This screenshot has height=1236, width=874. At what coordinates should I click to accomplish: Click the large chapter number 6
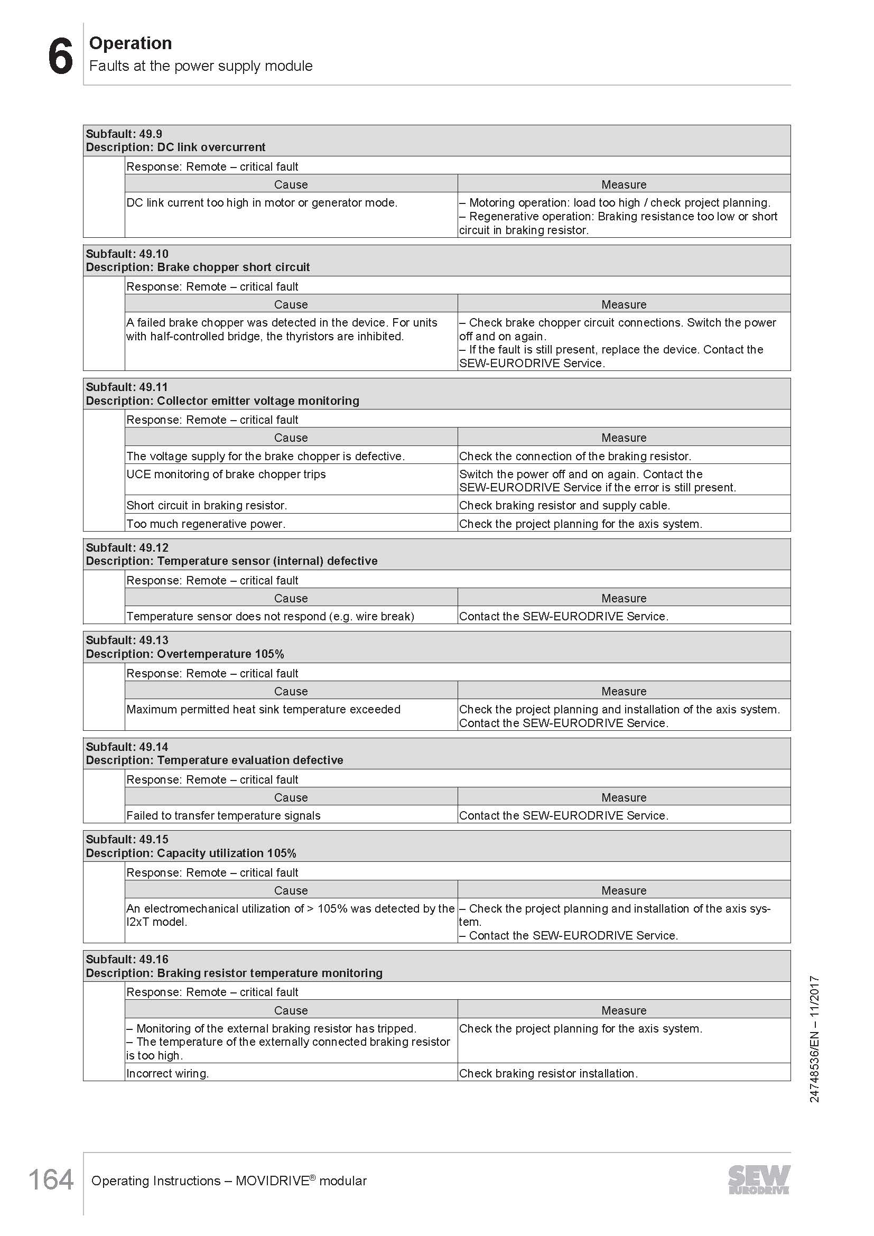tap(60, 57)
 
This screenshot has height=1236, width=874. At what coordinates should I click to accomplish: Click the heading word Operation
tap(130, 43)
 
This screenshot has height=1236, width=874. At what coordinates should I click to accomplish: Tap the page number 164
tap(51, 1180)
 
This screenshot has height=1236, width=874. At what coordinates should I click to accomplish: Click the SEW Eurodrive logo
tap(759, 1179)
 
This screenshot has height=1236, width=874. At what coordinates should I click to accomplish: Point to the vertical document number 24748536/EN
tap(814, 1039)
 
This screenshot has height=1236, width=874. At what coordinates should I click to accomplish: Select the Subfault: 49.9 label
tap(124, 134)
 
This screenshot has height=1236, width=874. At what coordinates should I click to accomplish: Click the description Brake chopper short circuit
tap(233, 267)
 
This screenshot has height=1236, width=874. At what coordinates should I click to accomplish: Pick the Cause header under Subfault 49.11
tap(291, 438)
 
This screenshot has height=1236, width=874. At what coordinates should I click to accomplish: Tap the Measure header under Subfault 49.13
tap(624, 691)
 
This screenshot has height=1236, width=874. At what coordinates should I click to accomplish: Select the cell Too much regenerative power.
tap(206, 524)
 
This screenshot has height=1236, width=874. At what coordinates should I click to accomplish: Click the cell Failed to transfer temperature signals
tap(224, 815)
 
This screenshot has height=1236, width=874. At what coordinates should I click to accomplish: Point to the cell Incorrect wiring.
tap(168, 1073)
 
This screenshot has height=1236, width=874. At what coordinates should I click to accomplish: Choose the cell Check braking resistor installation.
tap(548, 1073)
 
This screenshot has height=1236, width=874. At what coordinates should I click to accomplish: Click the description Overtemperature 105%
tap(220, 654)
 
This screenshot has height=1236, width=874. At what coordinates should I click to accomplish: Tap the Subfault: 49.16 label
tap(127, 959)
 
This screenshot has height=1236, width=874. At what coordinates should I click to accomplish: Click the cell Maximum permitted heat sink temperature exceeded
tap(263, 710)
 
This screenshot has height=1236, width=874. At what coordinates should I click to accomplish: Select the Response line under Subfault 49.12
tap(212, 580)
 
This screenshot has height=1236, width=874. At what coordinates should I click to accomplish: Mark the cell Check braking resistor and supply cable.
tap(564, 506)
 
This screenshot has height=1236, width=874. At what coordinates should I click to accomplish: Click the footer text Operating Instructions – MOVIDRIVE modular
tap(229, 1181)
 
